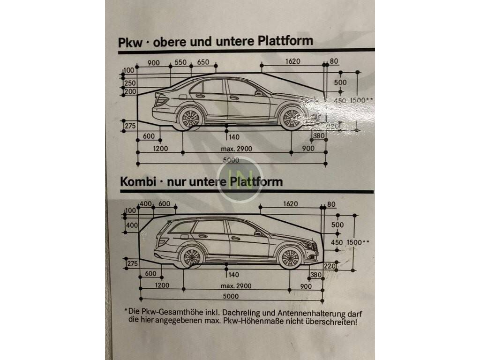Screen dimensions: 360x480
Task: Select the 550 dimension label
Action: (181, 63)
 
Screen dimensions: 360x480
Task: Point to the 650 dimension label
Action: (203, 63)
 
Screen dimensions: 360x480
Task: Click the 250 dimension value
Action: (130, 83)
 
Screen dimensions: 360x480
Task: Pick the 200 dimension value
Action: (130, 91)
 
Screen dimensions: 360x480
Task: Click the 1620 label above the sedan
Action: (291, 61)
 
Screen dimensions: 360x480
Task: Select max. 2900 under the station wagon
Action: (237, 286)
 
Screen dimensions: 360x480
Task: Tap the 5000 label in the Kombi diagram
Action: (230, 296)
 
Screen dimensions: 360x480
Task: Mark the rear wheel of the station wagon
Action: (191, 257)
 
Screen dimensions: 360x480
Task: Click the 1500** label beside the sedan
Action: (361, 100)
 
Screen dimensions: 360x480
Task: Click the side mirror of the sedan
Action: (257, 93)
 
